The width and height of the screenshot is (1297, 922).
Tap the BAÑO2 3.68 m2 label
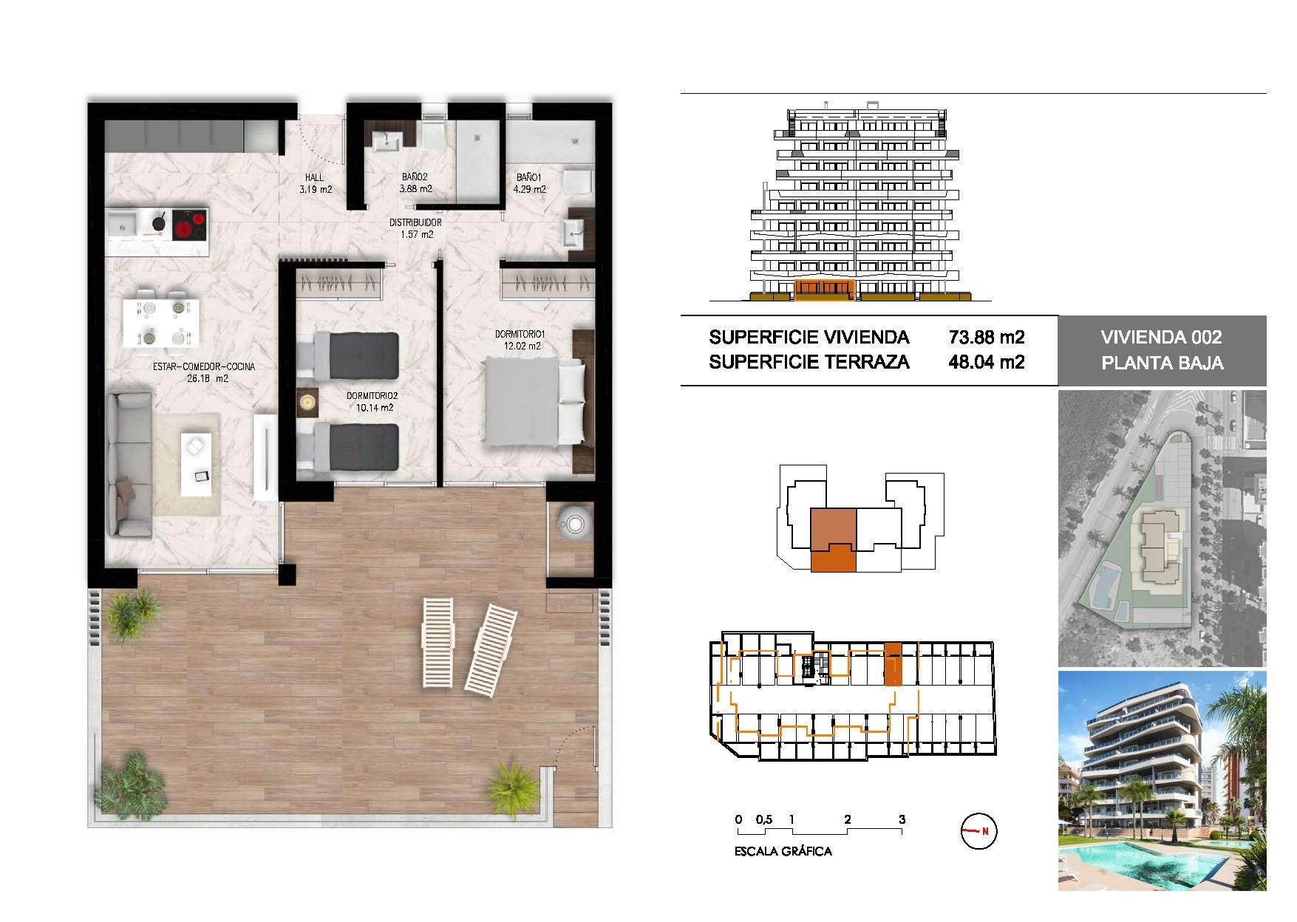(x=415, y=183)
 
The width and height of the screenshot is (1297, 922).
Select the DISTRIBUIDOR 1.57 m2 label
(x=415, y=228)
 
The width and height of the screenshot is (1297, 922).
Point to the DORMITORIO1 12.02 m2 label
(x=518, y=340)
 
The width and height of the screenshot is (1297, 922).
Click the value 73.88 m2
(x=987, y=338)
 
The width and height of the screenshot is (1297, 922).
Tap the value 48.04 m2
(x=987, y=362)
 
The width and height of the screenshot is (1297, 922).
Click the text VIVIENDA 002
(x=1161, y=338)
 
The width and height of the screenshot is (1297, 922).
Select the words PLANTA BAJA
(x=1162, y=363)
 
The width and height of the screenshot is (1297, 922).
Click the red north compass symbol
(x=979, y=831)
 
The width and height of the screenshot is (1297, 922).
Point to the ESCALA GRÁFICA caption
(x=783, y=851)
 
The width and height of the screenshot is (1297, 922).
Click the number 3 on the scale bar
(x=902, y=819)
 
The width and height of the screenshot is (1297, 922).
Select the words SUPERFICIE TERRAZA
(x=809, y=362)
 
